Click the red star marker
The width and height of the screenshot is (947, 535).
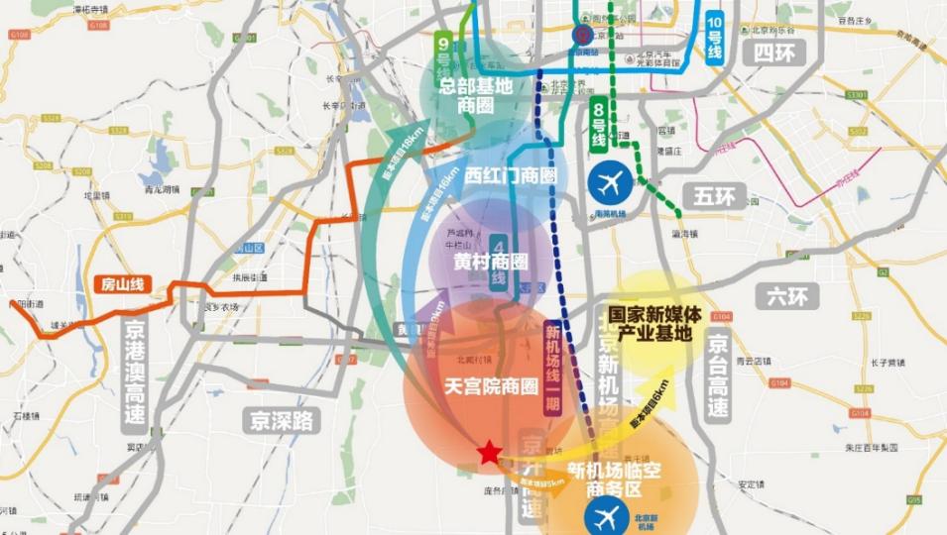tap(489, 453)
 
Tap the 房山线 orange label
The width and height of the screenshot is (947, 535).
tap(122, 283)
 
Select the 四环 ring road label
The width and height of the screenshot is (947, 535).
tap(775, 53)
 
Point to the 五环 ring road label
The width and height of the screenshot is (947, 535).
tap(714, 197)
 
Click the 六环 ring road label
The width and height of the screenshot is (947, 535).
tap(781, 295)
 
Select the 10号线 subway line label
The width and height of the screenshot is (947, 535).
tap(714, 38)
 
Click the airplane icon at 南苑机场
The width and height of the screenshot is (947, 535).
tap(608, 182)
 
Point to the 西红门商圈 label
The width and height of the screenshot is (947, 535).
tap(511, 175)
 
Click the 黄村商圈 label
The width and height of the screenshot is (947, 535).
tap(490, 262)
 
